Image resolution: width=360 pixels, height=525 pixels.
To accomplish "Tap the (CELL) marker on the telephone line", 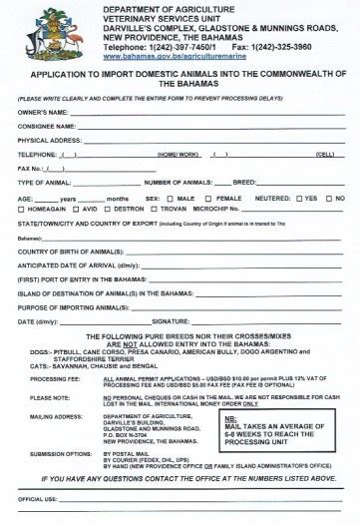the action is [324, 155].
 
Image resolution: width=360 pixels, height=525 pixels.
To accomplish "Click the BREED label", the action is [245, 184].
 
